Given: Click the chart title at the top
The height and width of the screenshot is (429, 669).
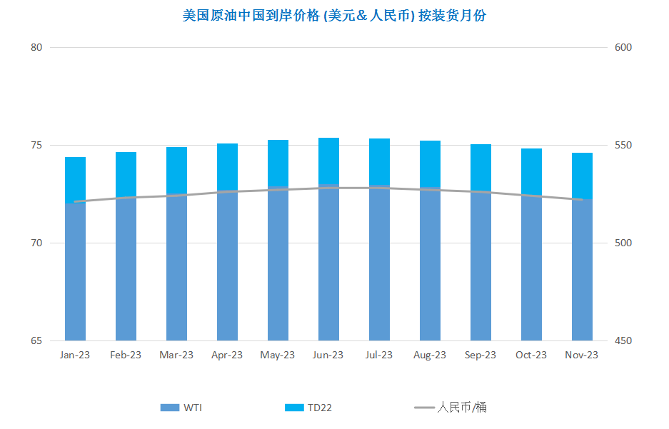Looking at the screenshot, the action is [x=334, y=16].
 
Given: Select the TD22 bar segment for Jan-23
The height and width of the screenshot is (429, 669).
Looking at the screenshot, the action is [x=75, y=181].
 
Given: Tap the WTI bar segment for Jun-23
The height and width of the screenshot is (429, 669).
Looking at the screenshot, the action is [x=328, y=263].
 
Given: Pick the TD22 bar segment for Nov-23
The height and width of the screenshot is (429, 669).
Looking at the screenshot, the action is [x=582, y=176].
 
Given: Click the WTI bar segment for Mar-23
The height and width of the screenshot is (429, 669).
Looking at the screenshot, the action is [x=176, y=268].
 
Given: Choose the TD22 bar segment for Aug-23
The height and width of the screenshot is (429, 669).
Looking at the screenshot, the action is [x=430, y=164].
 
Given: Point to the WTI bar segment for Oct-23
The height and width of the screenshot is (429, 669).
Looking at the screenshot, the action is [x=531, y=268].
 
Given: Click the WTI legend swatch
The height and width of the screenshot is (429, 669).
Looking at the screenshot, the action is [x=170, y=408].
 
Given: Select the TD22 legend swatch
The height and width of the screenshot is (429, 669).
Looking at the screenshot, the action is [x=294, y=408].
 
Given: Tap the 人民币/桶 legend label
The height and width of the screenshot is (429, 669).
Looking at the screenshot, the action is [x=462, y=408].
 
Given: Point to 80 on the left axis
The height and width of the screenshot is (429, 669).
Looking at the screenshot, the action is [x=36, y=47].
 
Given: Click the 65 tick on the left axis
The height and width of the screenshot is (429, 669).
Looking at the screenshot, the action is [x=36, y=340].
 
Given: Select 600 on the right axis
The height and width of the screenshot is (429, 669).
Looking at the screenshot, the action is [x=623, y=47].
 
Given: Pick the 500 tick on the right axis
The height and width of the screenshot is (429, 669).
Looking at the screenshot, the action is [x=623, y=243].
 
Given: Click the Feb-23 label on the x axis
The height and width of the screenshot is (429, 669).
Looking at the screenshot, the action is [x=126, y=355].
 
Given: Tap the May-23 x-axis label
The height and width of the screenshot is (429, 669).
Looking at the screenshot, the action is [x=277, y=355].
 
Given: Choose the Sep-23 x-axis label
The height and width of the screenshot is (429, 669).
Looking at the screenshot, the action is [x=481, y=355].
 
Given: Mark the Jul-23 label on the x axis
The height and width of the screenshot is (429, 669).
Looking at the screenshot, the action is [x=379, y=355].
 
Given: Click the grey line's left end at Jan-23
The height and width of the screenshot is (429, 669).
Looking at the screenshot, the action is [x=75, y=202].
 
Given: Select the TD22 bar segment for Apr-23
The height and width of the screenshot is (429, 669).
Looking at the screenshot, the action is [x=228, y=167].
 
